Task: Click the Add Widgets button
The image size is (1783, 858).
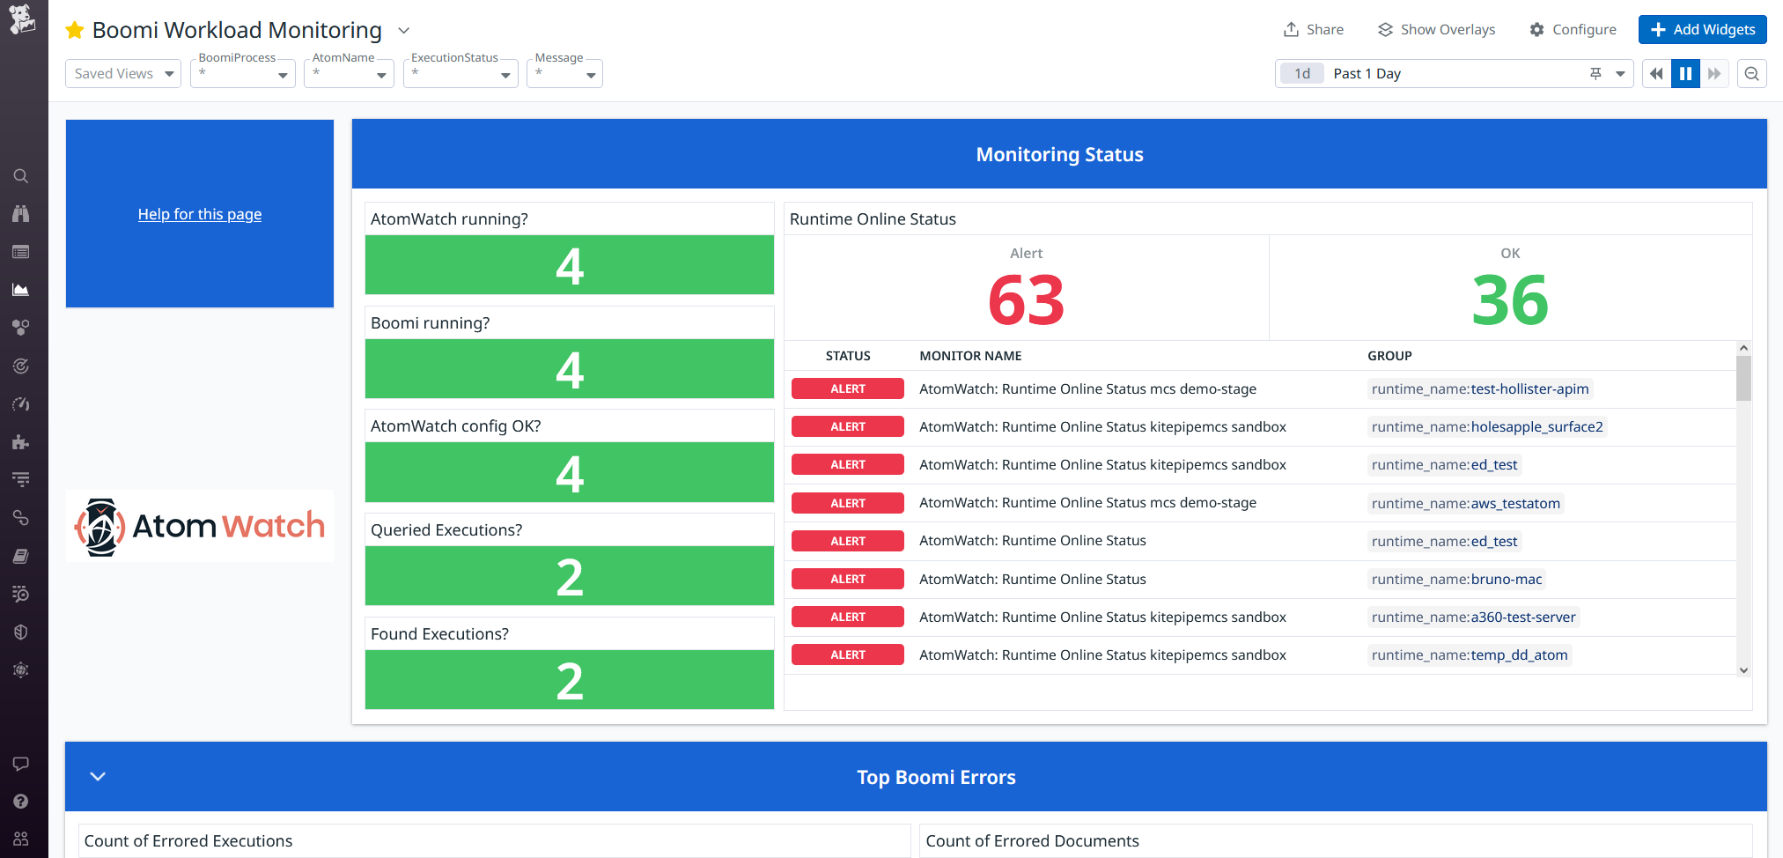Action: [1702, 29]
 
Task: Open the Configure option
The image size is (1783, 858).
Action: [1573, 29]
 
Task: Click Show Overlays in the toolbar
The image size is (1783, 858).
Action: [1436, 29]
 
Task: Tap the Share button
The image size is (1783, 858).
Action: [1313, 29]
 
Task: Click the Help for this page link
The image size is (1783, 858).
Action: [200, 214]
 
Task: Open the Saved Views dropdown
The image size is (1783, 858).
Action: [123, 74]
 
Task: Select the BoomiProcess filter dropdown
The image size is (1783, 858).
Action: [243, 74]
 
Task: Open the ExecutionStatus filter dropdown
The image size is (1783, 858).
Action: [460, 74]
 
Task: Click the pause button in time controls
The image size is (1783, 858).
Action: [1685, 74]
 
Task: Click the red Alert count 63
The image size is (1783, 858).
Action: [1026, 300]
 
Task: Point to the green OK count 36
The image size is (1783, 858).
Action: [1510, 300]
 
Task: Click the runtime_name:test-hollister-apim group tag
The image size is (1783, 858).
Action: [1479, 389]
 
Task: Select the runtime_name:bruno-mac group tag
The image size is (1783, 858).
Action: [1456, 580]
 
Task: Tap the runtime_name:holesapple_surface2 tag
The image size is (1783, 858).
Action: [1486, 427]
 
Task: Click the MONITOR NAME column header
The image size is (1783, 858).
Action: [970, 356]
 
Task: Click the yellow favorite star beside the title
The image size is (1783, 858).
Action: [75, 31]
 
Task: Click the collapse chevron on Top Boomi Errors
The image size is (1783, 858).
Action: [98, 776]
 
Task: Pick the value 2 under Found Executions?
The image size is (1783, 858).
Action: [570, 681]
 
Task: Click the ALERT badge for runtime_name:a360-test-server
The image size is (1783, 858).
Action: [847, 618]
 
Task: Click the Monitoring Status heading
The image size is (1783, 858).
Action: [1059, 155]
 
